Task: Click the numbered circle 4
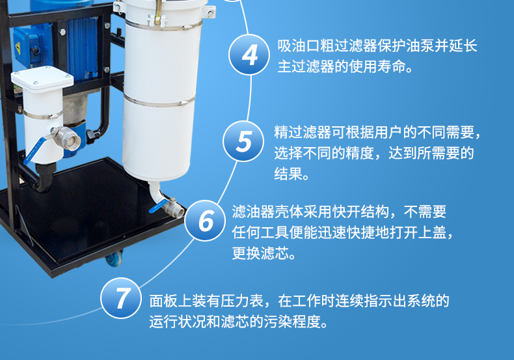249,55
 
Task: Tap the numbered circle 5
243,141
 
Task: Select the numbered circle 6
205,220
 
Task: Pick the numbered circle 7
121,298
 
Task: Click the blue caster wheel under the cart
115,257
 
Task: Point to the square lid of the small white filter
42,79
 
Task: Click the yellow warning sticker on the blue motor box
18,48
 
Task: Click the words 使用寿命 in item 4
377,66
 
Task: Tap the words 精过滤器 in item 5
303,132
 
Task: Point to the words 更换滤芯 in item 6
261,253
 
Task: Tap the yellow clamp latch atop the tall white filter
158,13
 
